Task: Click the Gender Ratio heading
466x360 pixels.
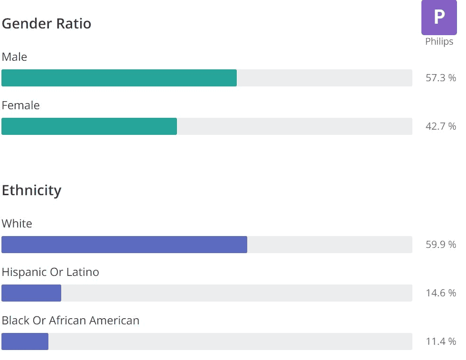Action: pos(47,23)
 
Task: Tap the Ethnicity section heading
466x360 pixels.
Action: pos(32,190)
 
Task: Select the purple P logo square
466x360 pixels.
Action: pos(439,17)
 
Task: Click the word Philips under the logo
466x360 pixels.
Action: pos(439,42)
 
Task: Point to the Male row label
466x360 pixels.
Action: pos(15,57)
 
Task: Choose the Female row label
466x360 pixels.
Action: pos(21,105)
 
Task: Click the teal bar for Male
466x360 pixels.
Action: pos(119,78)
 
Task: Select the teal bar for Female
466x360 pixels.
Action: pos(89,126)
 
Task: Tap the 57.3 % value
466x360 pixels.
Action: pos(440,78)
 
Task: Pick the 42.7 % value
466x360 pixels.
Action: pos(440,126)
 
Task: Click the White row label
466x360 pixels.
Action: pos(17,224)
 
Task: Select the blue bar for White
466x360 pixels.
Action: pos(124,245)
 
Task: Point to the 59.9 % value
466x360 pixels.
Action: pos(440,245)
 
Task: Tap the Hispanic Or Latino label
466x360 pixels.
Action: pos(50,272)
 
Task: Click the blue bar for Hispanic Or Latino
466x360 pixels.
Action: pos(31,293)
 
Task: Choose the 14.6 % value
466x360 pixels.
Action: pos(440,293)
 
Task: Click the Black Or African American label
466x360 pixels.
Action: pos(71,321)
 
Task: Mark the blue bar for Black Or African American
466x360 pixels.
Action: pos(25,341)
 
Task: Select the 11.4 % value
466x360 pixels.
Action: pos(440,341)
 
